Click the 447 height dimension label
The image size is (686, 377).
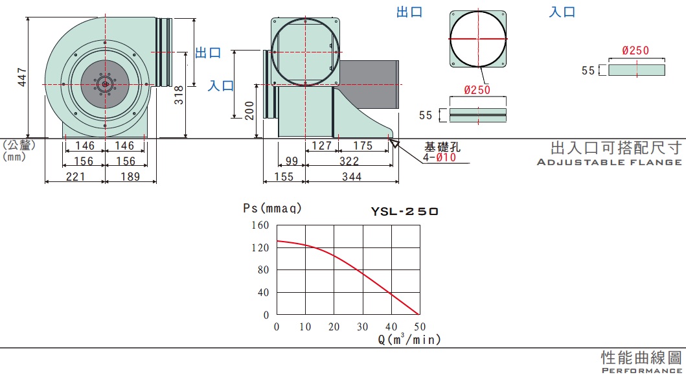[x=21, y=77]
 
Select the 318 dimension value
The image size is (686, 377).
[x=179, y=95]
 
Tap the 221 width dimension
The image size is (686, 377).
[x=75, y=177]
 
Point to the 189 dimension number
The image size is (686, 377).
[x=130, y=177]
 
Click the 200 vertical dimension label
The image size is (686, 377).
[x=249, y=111]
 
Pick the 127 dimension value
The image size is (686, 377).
[x=321, y=146]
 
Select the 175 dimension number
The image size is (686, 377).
[x=363, y=146]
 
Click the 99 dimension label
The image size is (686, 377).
[x=292, y=161]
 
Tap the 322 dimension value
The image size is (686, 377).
[x=349, y=161]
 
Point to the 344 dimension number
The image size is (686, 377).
[x=352, y=177]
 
